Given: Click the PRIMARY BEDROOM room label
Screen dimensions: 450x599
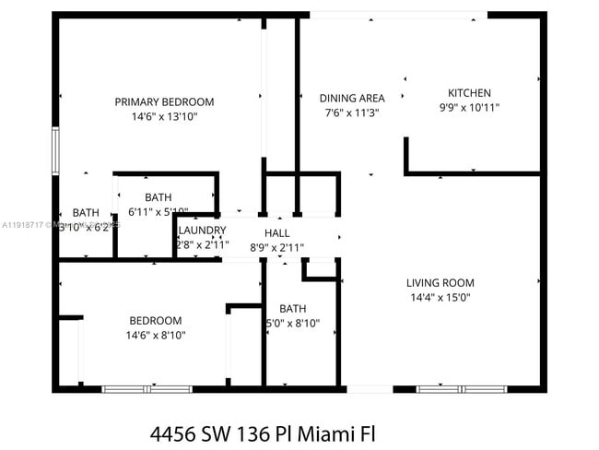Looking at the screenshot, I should click(x=164, y=101).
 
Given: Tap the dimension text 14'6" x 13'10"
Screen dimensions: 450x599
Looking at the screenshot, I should click(x=164, y=117).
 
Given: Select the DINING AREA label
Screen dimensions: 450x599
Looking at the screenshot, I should click(x=352, y=98).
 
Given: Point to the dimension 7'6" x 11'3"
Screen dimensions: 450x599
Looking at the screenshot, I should click(x=352, y=112).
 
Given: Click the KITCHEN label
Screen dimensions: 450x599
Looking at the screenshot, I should click(x=469, y=92).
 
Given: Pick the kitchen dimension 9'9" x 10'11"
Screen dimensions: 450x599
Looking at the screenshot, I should click(x=469, y=107).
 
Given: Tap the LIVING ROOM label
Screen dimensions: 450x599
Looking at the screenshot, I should click(x=440, y=282).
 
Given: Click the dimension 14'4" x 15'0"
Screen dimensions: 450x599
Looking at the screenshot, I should click(x=440, y=298).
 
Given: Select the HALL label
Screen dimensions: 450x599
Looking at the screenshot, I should click(x=277, y=232).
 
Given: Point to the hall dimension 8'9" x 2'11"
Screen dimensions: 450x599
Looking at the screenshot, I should click(x=277, y=247).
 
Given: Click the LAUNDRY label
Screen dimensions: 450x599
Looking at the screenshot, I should click(x=202, y=231).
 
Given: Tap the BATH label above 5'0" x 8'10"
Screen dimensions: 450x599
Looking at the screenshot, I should click(x=293, y=308).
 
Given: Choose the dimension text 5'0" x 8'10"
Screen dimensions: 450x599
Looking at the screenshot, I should click(x=293, y=323).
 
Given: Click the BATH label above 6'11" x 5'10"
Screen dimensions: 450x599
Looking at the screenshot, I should click(x=158, y=196).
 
